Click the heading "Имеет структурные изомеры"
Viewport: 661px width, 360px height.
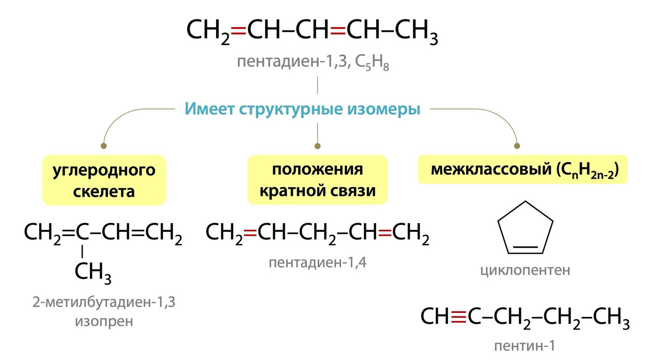[x=302, y=109]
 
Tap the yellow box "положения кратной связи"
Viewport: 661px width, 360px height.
[x=317, y=180]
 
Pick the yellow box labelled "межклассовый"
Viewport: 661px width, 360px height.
[x=522, y=170]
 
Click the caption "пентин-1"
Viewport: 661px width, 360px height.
[x=526, y=346]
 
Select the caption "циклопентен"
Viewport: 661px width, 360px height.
[x=526, y=270]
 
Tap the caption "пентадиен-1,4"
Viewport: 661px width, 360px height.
[x=318, y=262]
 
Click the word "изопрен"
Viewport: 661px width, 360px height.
[x=104, y=321]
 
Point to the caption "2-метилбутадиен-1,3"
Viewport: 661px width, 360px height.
[x=104, y=302]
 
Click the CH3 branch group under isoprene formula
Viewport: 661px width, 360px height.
[x=93, y=273]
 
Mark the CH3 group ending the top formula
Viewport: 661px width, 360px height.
[x=417, y=32]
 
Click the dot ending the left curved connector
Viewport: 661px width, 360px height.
[x=104, y=146]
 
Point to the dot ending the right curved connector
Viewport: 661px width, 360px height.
[x=516, y=146]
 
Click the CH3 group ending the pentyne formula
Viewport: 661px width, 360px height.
[x=611, y=317]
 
